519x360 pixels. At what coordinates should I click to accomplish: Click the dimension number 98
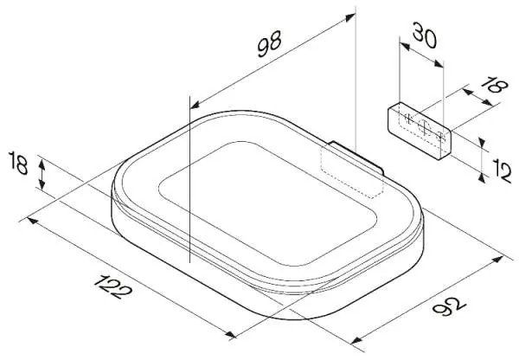pos(269,44)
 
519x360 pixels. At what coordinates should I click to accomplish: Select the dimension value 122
pos(112,286)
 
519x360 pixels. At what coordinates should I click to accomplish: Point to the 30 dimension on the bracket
pos(425,35)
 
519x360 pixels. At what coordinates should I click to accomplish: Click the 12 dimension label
pos(502,170)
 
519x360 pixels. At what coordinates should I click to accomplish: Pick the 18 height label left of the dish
pos(18,163)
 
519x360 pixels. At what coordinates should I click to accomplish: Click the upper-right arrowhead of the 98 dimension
pos(350,17)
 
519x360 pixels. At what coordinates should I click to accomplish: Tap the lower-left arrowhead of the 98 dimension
pos(195,105)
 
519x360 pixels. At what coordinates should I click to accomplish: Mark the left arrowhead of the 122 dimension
pos(33,220)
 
